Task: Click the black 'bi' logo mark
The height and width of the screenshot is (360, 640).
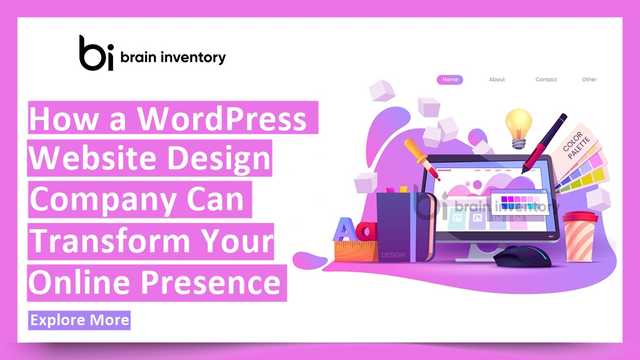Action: [98, 53]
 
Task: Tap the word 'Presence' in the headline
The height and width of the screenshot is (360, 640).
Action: [213, 284]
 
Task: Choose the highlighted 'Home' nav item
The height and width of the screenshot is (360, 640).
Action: [450, 79]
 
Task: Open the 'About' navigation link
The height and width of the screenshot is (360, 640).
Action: [497, 79]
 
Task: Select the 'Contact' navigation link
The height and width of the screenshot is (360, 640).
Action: [546, 79]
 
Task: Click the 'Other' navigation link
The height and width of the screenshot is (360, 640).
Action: [590, 79]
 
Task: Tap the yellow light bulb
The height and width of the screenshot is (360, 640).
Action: [518, 125]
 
